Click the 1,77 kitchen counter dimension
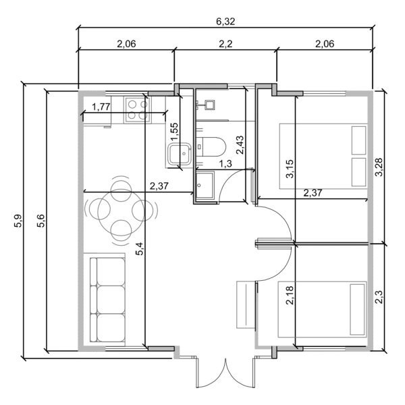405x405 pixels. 101,106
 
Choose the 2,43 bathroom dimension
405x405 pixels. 239,146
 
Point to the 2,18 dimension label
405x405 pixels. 290,295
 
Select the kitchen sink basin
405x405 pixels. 180,155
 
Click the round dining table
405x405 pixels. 122,209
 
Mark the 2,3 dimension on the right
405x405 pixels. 379,298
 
